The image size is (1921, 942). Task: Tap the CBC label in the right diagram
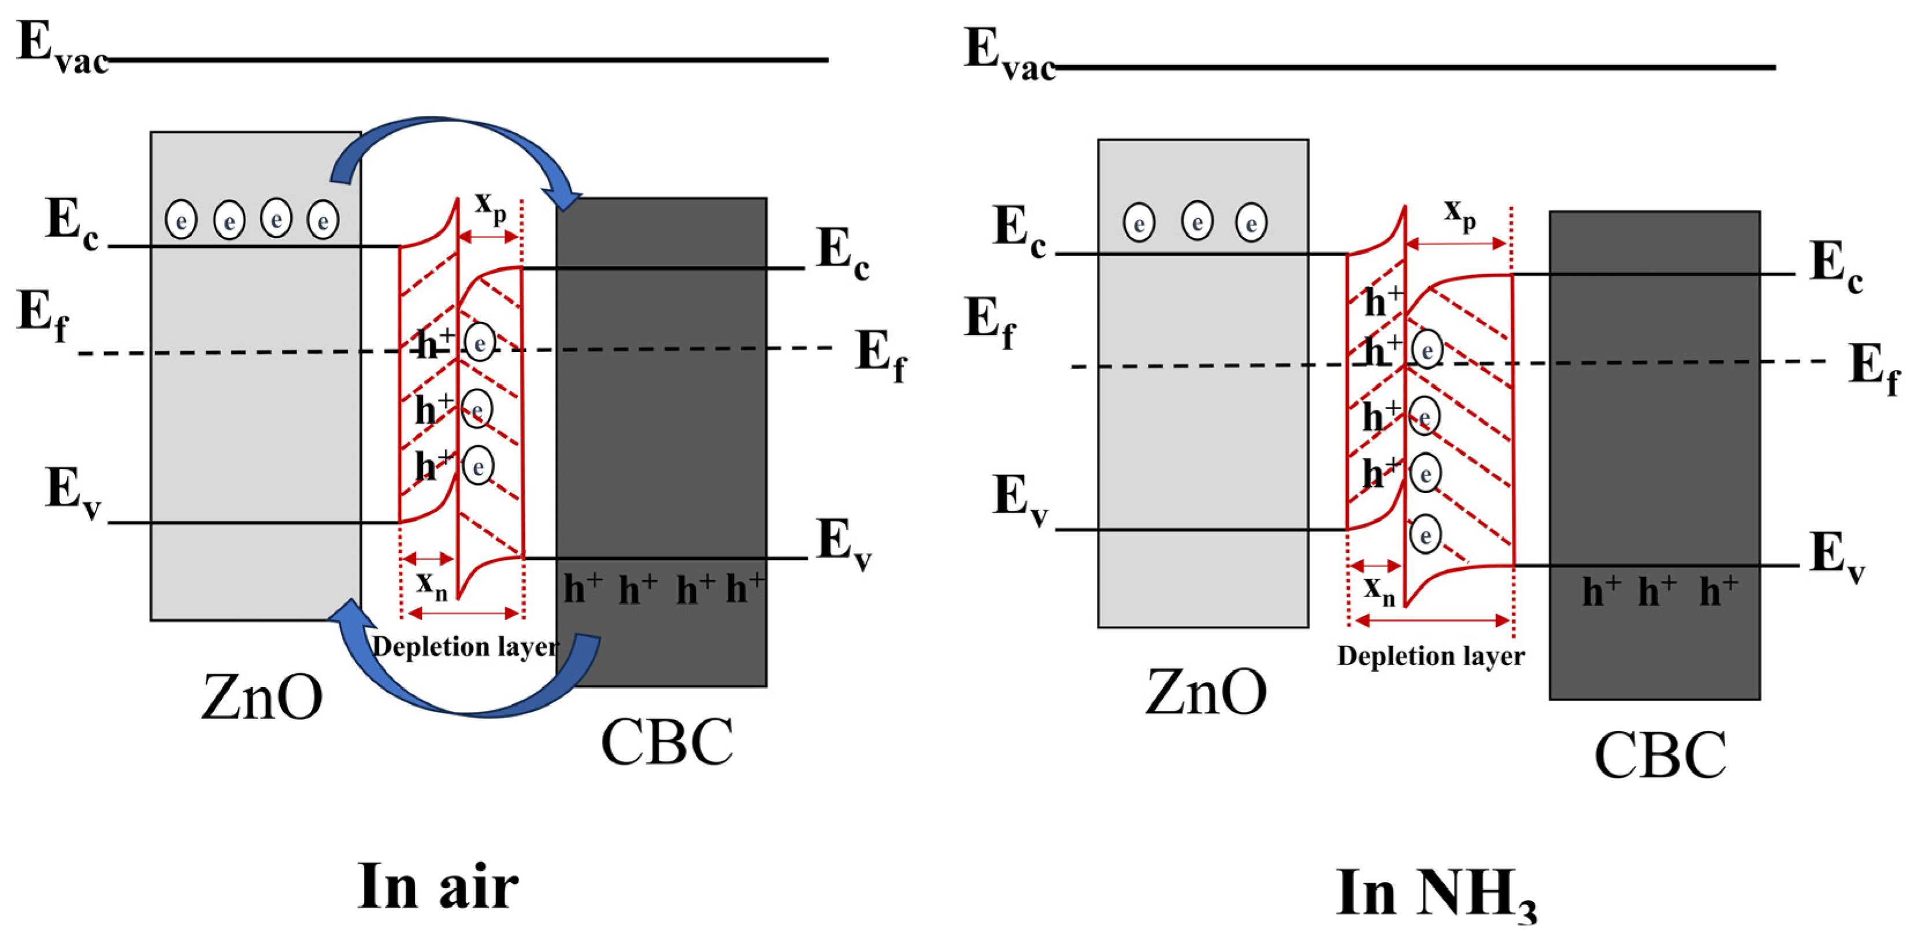[x=1660, y=755]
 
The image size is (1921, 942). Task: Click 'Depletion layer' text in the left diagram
[x=465, y=647]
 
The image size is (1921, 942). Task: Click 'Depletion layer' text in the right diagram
[x=1430, y=657]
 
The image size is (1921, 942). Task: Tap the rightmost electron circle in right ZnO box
[x=1251, y=223]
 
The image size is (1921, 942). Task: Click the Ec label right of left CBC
[x=843, y=254]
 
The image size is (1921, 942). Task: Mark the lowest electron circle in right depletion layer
[x=1425, y=535]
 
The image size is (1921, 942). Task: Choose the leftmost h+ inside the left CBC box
[x=583, y=589]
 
